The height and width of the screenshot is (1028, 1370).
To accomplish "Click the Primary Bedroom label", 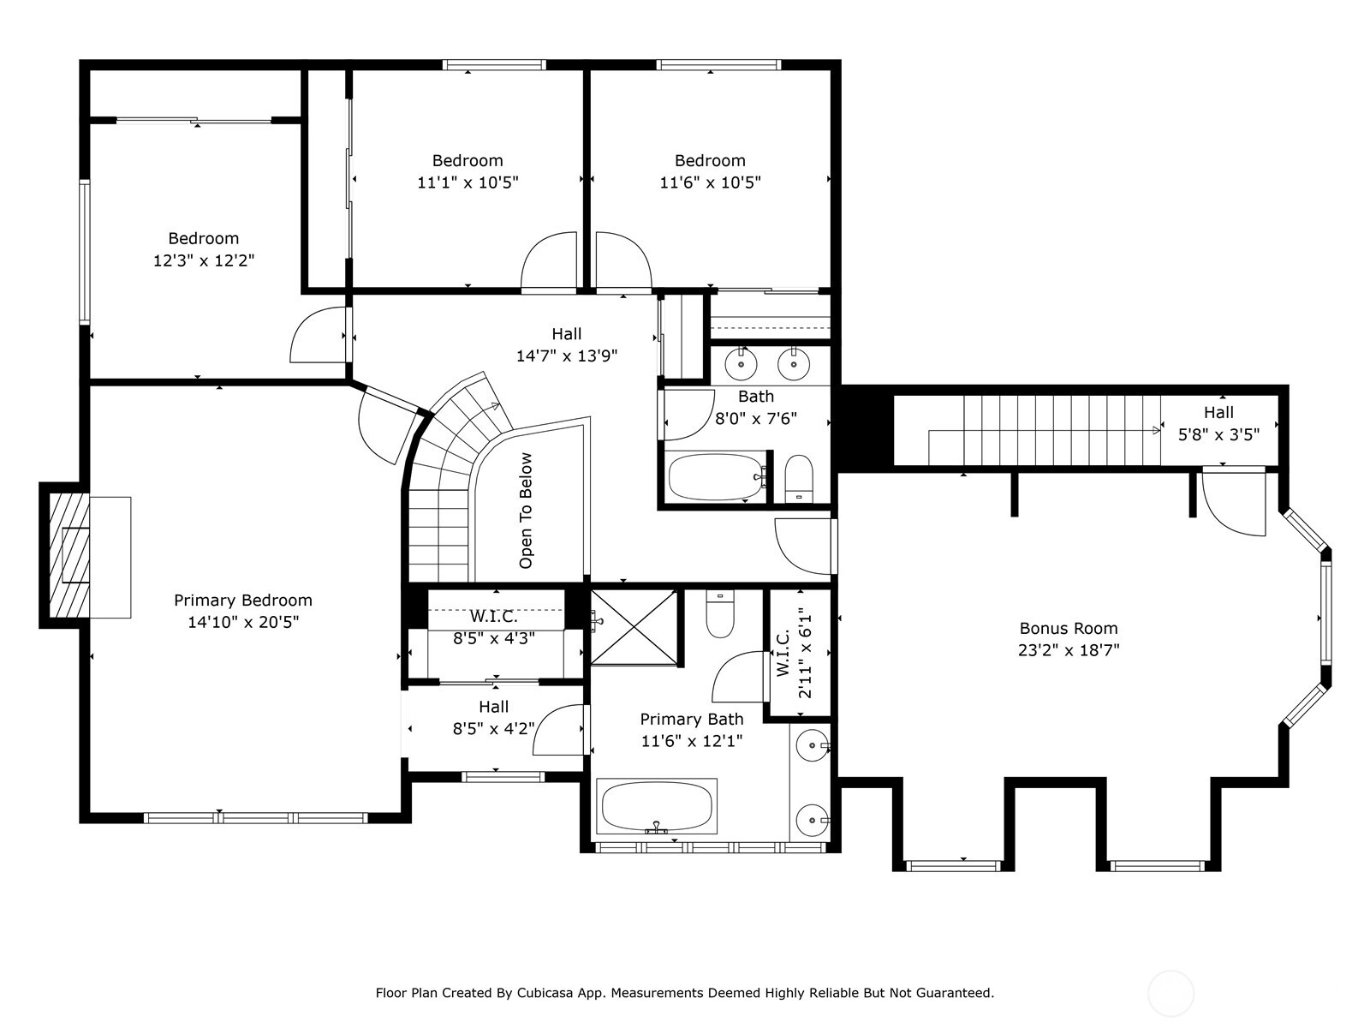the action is pyautogui.click(x=243, y=601).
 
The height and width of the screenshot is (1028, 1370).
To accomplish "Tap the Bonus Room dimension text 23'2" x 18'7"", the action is pyautogui.click(x=1069, y=650).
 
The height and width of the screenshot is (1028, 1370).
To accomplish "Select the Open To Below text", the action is pyautogui.click(x=526, y=511).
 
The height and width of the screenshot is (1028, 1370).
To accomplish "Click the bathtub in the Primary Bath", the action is pyautogui.click(x=657, y=806).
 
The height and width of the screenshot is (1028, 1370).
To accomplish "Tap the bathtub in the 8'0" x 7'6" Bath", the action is pyautogui.click(x=715, y=476).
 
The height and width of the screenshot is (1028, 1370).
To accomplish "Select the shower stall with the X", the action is pyautogui.click(x=634, y=627).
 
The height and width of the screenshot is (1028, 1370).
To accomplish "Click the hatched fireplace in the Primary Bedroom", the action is pyautogui.click(x=69, y=555).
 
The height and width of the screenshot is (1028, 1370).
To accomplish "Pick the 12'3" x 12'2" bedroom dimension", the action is pyautogui.click(x=204, y=260).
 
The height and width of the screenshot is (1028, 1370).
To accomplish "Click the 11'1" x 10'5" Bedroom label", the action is pyautogui.click(x=468, y=160).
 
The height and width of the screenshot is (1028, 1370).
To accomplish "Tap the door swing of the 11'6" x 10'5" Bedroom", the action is pyautogui.click(x=623, y=261).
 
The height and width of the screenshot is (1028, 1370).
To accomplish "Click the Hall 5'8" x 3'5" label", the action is pyautogui.click(x=1218, y=423).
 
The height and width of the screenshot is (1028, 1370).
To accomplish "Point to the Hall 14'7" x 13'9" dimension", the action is pyautogui.click(x=567, y=356).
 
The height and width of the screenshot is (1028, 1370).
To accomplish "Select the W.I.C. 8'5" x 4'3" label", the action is pyautogui.click(x=494, y=627).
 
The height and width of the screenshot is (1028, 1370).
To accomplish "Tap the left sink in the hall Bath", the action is pyautogui.click(x=741, y=362).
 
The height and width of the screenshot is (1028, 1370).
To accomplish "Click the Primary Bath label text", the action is pyautogui.click(x=692, y=719).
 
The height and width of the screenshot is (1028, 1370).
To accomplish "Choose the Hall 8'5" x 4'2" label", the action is pyautogui.click(x=494, y=717).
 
